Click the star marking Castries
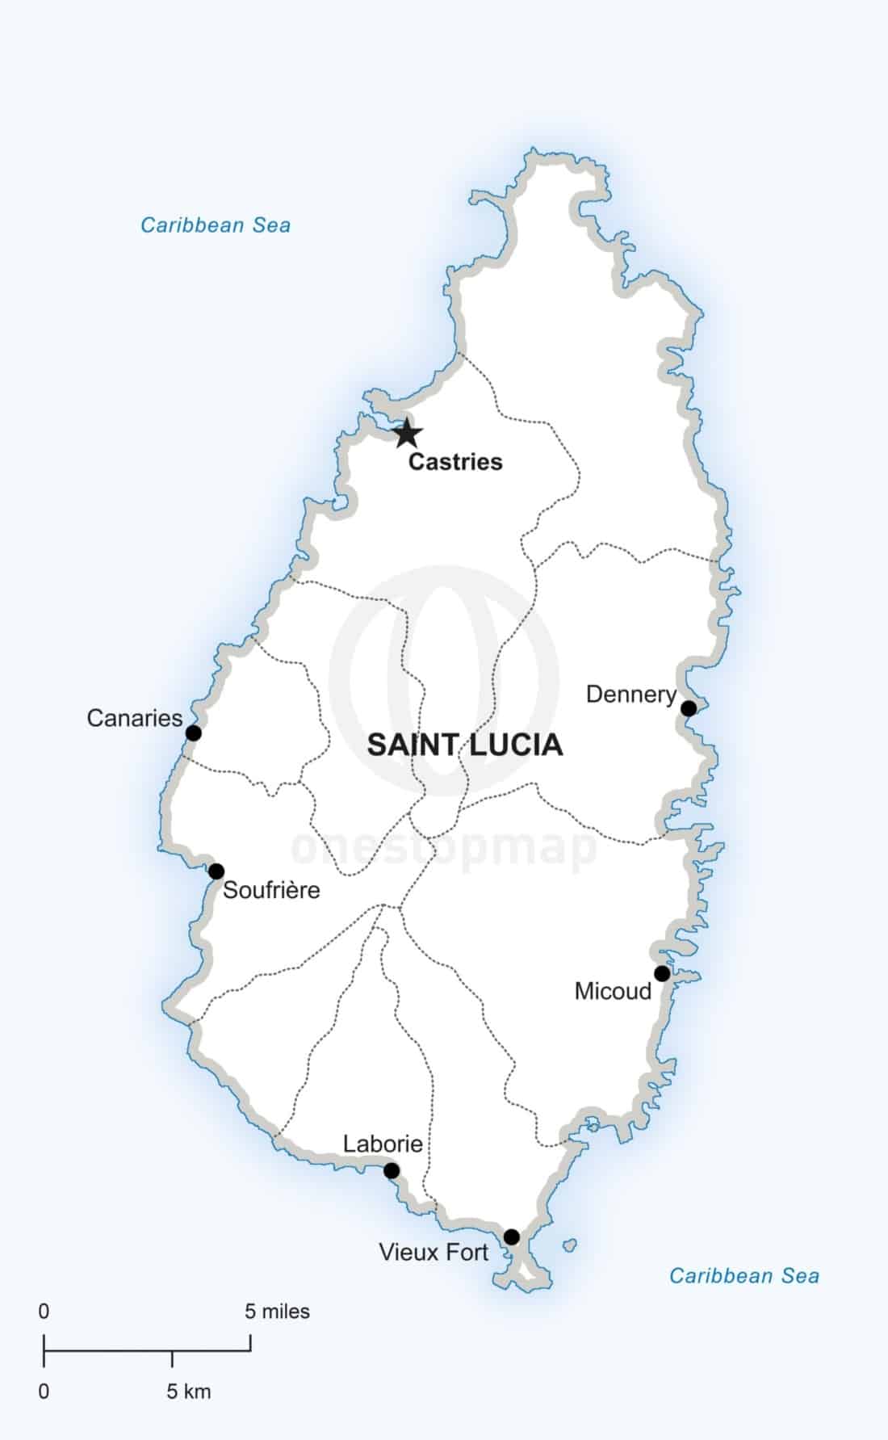click(x=407, y=434)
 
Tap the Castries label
click(x=455, y=462)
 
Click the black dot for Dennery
click(x=689, y=708)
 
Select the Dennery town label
click(x=630, y=695)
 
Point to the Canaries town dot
click(x=194, y=733)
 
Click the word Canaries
click(x=135, y=718)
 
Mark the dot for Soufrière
click(x=216, y=871)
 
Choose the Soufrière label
click(x=271, y=890)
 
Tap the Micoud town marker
click(x=662, y=973)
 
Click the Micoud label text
click(x=613, y=991)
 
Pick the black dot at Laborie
click(x=392, y=1171)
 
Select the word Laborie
click(x=383, y=1144)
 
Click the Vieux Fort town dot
click(x=512, y=1237)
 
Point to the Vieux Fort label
click(x=434, y=1253)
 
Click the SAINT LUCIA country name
click(x=465, y=745)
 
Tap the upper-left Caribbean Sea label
click(x=216, y=225)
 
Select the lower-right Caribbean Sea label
click(x=744, y=1276)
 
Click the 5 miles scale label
click(x=277, y=1312)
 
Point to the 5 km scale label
click(x=189, y=1392)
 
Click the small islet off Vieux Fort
click(x=570, y=1245)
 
